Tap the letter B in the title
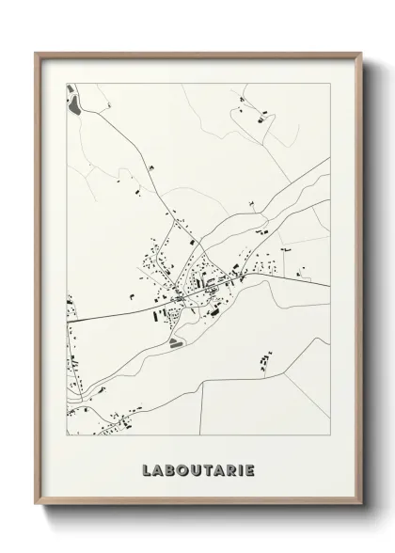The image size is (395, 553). click(x=169, y=468)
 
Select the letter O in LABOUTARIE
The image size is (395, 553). click(x=182, y=468)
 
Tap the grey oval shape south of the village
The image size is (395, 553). click(x=176, y=344)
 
